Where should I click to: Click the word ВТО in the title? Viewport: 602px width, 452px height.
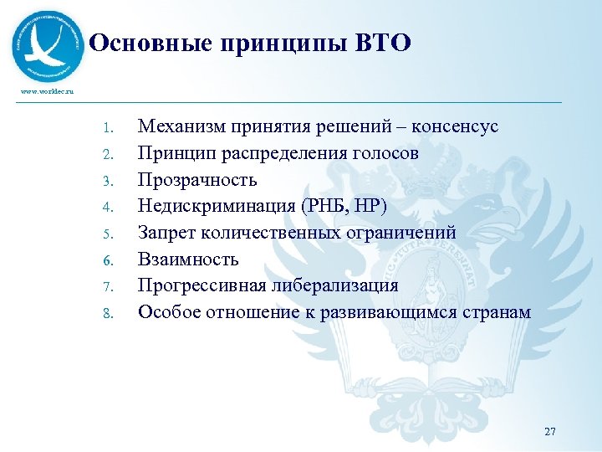[x=384, y=44]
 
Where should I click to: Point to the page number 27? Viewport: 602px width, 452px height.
[x=549, y=432]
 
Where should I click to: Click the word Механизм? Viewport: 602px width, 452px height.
[x=179, y=126]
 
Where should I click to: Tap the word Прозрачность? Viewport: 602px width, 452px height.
[x=197, y=180]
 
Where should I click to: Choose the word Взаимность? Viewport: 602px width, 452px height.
[x=188, y=259]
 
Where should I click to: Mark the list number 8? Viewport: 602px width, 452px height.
[x=106, y=314]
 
